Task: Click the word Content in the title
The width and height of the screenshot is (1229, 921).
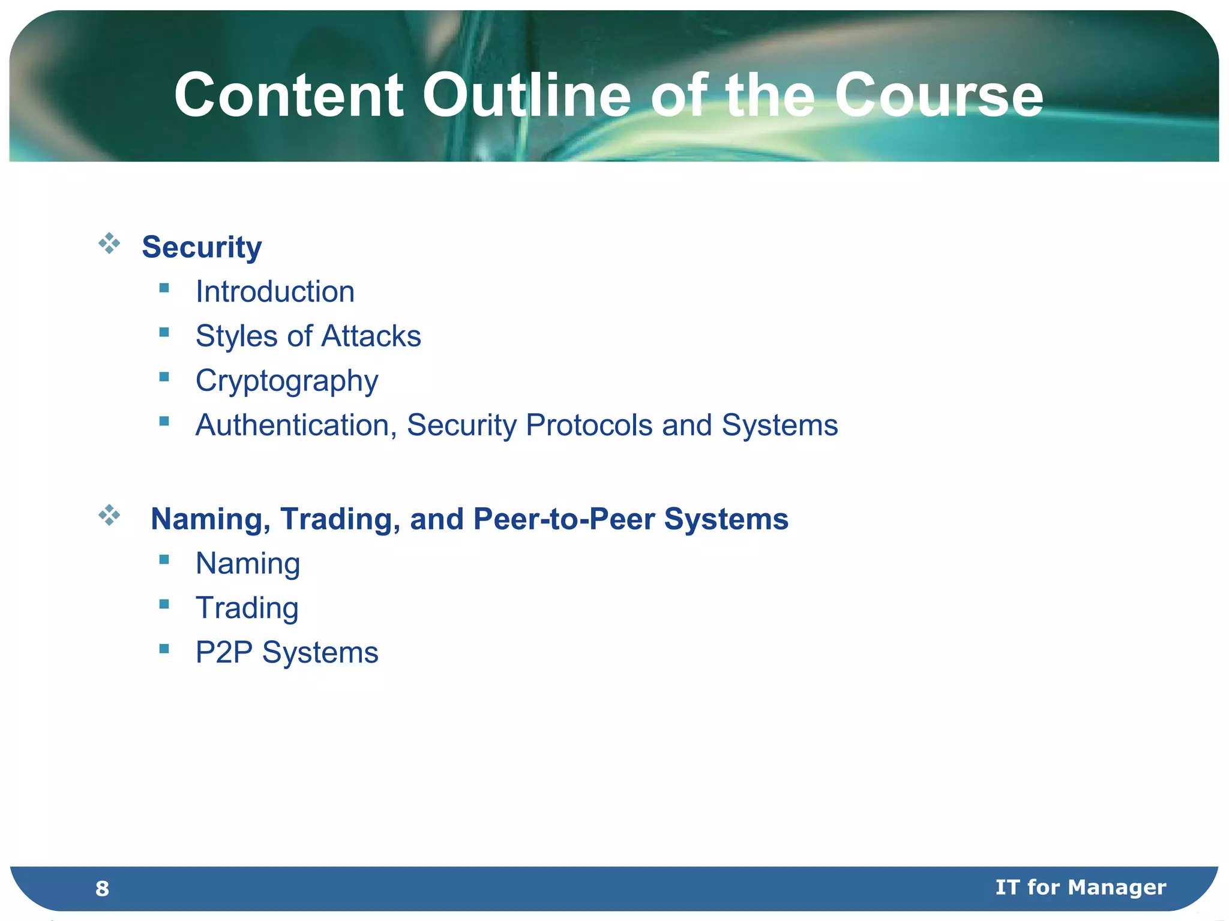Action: pos(289,96)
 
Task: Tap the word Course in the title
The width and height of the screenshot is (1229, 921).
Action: pos(939,96)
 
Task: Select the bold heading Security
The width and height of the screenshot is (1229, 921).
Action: pos(202,247)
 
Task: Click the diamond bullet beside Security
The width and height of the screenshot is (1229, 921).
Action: pos(109,243)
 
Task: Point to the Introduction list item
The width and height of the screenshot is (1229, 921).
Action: pos(275,292)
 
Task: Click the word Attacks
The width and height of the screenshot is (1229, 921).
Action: pos(371,336)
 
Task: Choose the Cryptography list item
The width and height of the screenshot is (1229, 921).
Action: pos(287,381)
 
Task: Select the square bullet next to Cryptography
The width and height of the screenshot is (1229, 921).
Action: pos(164,377)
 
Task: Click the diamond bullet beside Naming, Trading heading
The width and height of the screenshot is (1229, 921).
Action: pos(109,514)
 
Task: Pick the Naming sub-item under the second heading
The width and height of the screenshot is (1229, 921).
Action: pos(248,564)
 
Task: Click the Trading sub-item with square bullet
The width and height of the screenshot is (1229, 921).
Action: pos(247,608)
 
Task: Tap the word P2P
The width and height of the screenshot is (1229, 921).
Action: pos(224,652)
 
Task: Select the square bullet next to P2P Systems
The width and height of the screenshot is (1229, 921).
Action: pos(164,648)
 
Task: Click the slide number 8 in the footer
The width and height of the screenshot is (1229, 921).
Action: pos(102,889)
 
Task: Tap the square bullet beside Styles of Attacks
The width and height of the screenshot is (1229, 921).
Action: pos(164,332)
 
